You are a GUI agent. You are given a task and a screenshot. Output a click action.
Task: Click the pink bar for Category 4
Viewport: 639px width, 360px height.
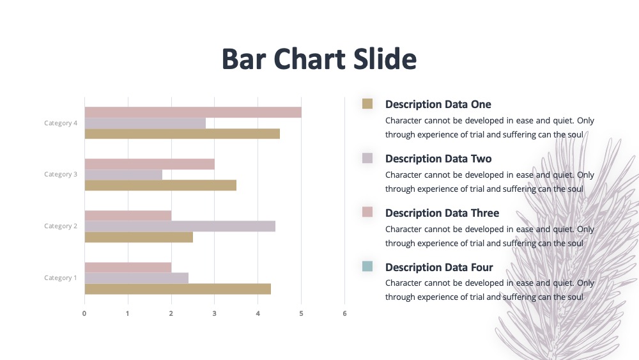click(x=193, y=112)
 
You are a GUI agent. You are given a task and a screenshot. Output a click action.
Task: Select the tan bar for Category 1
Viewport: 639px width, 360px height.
click(x=178, y=289)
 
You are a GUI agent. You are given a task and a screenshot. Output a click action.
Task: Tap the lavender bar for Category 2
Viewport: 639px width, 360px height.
click(x=180, y=226)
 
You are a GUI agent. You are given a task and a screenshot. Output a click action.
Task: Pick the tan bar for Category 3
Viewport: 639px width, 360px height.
click(x=160, y=185)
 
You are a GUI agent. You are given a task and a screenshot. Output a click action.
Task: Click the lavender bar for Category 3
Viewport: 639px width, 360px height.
click(x=123, y=175)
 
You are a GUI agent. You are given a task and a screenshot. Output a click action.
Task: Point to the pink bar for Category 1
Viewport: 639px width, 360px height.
click(x=128, y=267)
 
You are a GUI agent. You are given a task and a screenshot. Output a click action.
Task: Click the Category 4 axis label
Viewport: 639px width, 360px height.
click(x=61, y=123)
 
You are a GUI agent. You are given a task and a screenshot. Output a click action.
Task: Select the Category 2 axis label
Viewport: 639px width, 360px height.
click(x=61, y=226)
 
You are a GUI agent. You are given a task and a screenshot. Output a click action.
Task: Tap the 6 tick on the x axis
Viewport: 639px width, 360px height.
click(x=345, y=313)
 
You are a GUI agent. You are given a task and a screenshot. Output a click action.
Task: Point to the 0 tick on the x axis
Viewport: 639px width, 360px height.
click(x=84, y=313)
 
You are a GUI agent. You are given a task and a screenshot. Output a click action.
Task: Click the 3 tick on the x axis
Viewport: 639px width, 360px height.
click(x=214, y=313)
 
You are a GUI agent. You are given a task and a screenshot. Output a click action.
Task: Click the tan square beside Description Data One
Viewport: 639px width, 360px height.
click(x=367, y=104)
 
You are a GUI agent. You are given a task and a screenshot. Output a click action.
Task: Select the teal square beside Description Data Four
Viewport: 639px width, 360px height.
click(x=367, y=266)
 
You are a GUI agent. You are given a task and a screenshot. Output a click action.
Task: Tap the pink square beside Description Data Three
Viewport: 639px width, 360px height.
click(x=367, y=212)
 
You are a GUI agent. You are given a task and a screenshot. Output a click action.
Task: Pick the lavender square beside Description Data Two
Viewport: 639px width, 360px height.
click(x=367, y=158)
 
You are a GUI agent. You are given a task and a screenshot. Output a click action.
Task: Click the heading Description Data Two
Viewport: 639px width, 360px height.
click(x=438, y=159)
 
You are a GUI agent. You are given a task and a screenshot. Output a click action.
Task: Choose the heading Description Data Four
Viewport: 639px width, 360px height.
click(x=440, y=267)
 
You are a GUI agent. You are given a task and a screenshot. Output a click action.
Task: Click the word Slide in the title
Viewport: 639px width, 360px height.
click(x=385, y=59)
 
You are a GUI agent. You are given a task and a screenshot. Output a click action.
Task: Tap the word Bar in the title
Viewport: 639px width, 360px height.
click(x=244, y=59)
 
